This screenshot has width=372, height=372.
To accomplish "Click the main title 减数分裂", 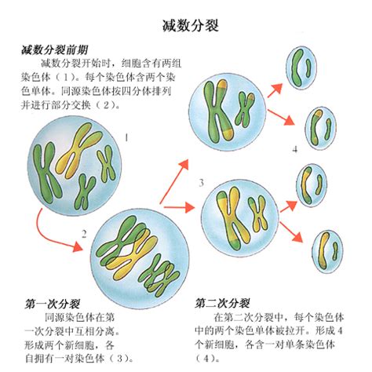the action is pos(191,26).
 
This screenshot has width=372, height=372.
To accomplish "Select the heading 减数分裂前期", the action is pos(54,49).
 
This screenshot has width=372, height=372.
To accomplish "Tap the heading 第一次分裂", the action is pos(53,304).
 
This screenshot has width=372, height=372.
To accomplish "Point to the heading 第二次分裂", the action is pos(222,304).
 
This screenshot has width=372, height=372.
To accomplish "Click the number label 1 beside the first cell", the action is pos(126,137).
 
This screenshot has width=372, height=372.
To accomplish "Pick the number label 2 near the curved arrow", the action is pos(84,234).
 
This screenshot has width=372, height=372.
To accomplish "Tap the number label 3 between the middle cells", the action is pos(201,183).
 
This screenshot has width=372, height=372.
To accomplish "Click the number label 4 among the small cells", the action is pos(295,150).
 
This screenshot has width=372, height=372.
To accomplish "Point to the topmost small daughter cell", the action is pos(301,67).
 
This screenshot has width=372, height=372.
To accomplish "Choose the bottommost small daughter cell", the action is pos(327,251).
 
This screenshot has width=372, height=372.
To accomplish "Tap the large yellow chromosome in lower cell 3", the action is pos(230,218).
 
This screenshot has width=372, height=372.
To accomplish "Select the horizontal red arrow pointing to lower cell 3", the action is pos(180,207).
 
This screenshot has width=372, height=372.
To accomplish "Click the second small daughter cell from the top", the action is pos(320,128).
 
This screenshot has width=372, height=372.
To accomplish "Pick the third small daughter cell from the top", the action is pos(312,185).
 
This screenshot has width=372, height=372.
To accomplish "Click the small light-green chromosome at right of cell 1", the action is pos(107,163).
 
